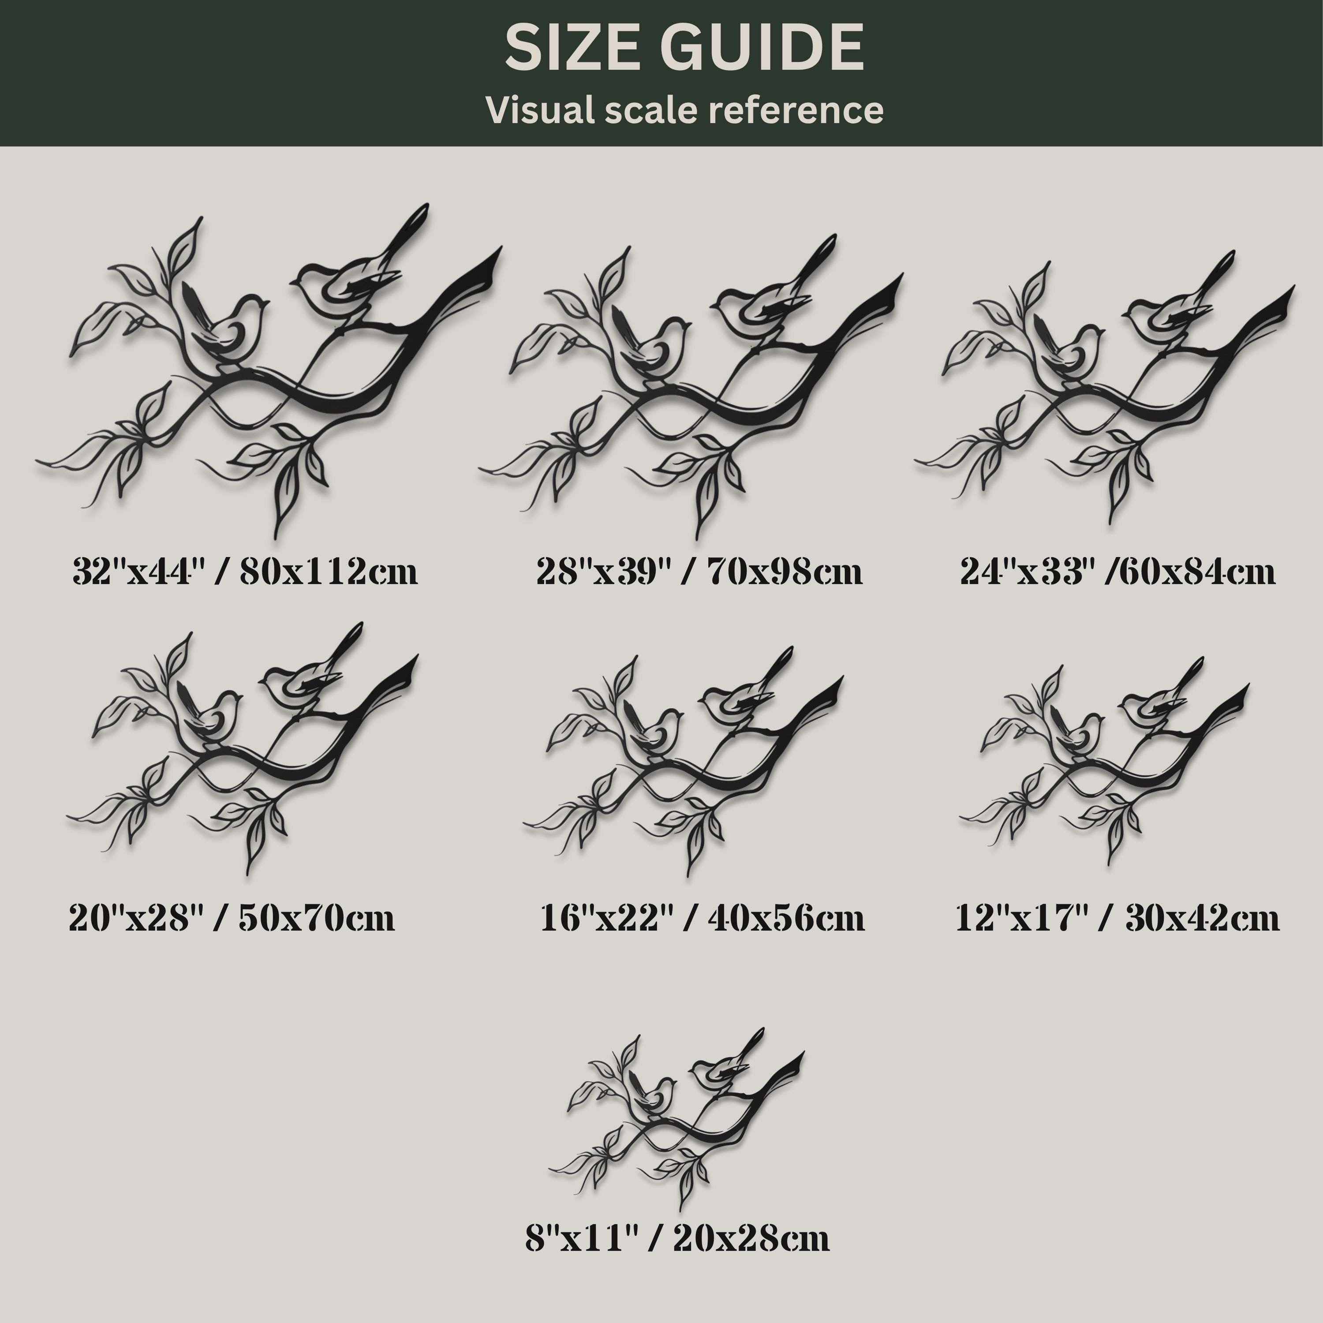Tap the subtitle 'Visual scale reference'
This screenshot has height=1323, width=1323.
pos(684,109)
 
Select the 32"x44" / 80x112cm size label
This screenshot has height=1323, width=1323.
pos(244,571)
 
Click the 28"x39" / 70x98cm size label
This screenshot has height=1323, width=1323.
pos(699,571)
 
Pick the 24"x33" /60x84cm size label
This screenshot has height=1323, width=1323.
pos(1117,571)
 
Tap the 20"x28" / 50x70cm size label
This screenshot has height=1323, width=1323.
pos(232,918)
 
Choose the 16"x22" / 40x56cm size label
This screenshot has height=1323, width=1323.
pos(703,918)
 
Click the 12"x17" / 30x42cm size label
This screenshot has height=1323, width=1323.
pos(1117,918)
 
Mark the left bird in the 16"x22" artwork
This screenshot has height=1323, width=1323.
pos(650,733)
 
